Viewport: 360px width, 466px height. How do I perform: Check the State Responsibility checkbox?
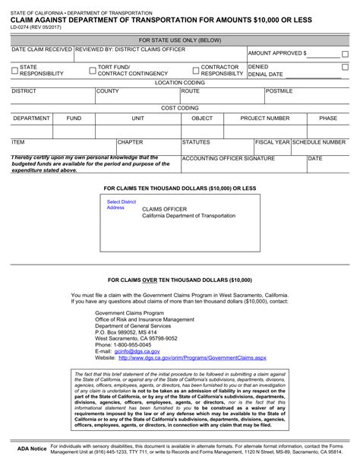click(x=15, y=70)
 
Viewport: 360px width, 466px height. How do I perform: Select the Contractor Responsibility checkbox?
click(x=194, y=70)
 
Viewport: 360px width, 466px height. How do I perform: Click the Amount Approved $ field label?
click(x=277, y=53)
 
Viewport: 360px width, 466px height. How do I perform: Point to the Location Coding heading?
click(x=180, y=81)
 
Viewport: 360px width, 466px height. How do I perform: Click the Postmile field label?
click(x=279, y=90)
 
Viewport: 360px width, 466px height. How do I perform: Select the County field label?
click(x=107, y=90)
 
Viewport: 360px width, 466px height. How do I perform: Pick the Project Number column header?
click(x=265, y=119)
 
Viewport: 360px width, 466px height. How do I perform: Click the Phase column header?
click(x=328, y=119)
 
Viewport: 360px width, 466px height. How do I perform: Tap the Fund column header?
click(x=74, y=119)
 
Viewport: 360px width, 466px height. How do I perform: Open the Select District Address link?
click(x=122, y=204)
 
